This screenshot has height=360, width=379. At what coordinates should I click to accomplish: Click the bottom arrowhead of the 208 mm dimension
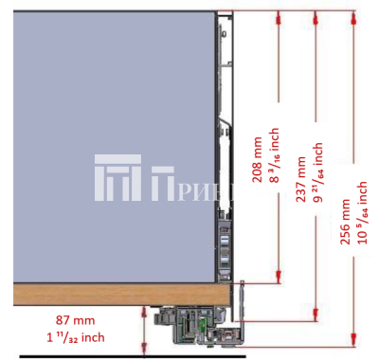click(278, 279)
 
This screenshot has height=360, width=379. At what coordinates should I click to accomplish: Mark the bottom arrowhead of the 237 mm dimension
click(316, 317)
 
